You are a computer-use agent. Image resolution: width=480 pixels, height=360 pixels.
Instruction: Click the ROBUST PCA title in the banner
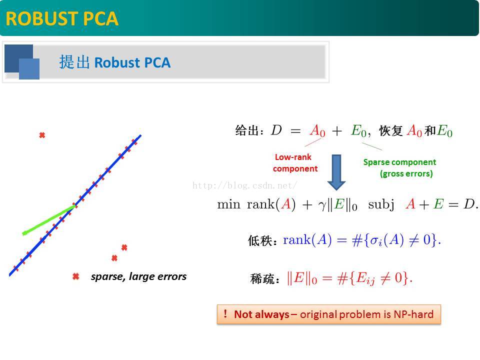click(62, 18)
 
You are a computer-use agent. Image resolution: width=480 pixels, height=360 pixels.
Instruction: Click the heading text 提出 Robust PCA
click(114, 62)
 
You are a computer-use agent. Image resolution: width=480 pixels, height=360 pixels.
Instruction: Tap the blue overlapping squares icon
click(22, 62)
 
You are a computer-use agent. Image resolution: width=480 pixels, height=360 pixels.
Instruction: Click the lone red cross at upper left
click(42, 135)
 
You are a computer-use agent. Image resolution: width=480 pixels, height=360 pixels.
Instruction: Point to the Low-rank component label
click(294, 163)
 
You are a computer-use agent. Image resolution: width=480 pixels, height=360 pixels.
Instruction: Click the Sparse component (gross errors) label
click(400, 168)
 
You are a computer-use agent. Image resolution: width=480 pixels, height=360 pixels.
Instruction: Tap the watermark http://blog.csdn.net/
click(244, 185)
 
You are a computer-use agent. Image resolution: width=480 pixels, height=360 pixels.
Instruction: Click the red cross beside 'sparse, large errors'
click(76, 276)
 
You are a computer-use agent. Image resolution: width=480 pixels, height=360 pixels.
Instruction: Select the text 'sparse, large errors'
click(138, 276)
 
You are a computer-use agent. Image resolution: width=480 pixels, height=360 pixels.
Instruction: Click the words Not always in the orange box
click(261, 314)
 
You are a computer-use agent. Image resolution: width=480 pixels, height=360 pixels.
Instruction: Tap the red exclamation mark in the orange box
click(225, 314)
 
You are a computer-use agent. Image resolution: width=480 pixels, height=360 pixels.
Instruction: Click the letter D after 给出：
click(276, 130)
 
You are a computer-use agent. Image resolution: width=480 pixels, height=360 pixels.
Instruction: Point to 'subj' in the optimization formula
click(381, 205)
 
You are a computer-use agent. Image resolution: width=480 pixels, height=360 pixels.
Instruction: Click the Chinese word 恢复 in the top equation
click(390, 131)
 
